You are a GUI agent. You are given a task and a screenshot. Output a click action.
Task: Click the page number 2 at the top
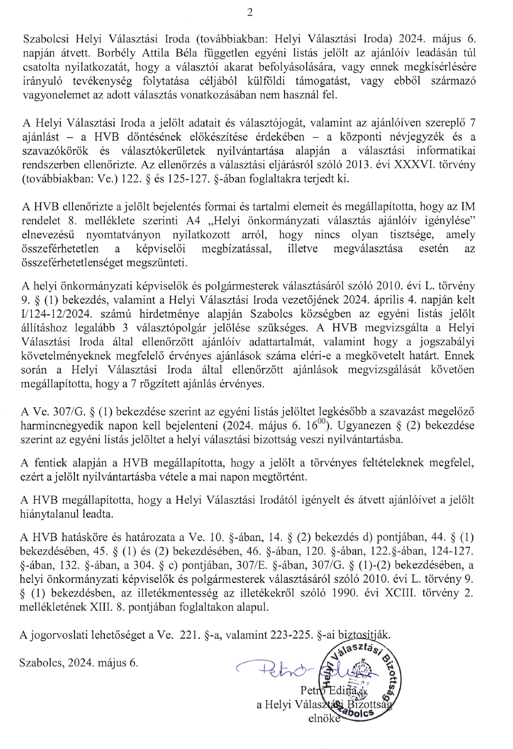pos(250,13)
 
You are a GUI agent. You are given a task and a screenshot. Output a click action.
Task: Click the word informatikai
pos(446,151)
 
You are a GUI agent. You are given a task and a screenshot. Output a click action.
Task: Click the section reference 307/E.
pos(253,565)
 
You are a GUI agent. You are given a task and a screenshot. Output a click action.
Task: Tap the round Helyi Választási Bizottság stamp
pos(359,679)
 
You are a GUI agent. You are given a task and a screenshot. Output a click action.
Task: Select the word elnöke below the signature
pos(324,719)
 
